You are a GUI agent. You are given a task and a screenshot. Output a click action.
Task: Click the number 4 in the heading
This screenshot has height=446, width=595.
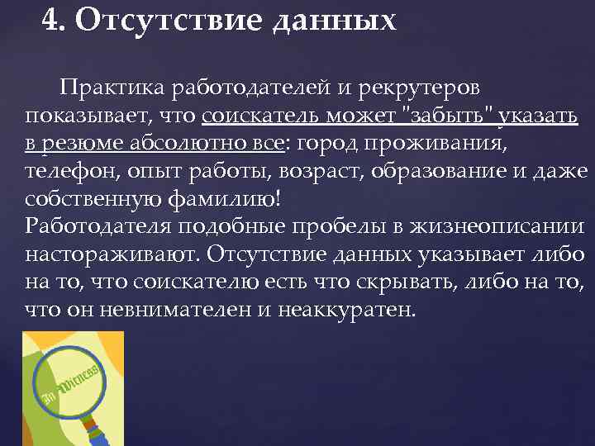click(x=51, y=18)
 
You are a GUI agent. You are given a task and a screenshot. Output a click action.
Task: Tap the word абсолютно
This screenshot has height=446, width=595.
click(x=189, y=144)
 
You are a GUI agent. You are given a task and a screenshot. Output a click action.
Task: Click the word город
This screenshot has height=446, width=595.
click(x=330, y=144)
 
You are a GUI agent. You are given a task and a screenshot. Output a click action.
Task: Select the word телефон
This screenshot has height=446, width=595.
click(x=67, y=172)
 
